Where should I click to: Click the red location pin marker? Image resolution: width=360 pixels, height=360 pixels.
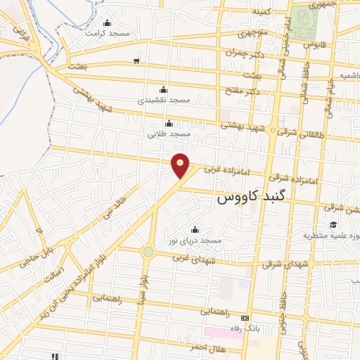click(181, 165)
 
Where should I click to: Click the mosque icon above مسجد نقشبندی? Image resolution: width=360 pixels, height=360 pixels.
click(164, 89)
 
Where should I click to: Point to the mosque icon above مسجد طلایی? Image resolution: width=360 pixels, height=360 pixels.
click(168, 123)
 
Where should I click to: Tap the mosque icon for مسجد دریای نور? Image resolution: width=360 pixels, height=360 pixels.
click(195, 230)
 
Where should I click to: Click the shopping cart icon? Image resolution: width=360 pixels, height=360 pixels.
click(136, 61)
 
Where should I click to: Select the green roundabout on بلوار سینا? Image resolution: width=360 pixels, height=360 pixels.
click(148, 252)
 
